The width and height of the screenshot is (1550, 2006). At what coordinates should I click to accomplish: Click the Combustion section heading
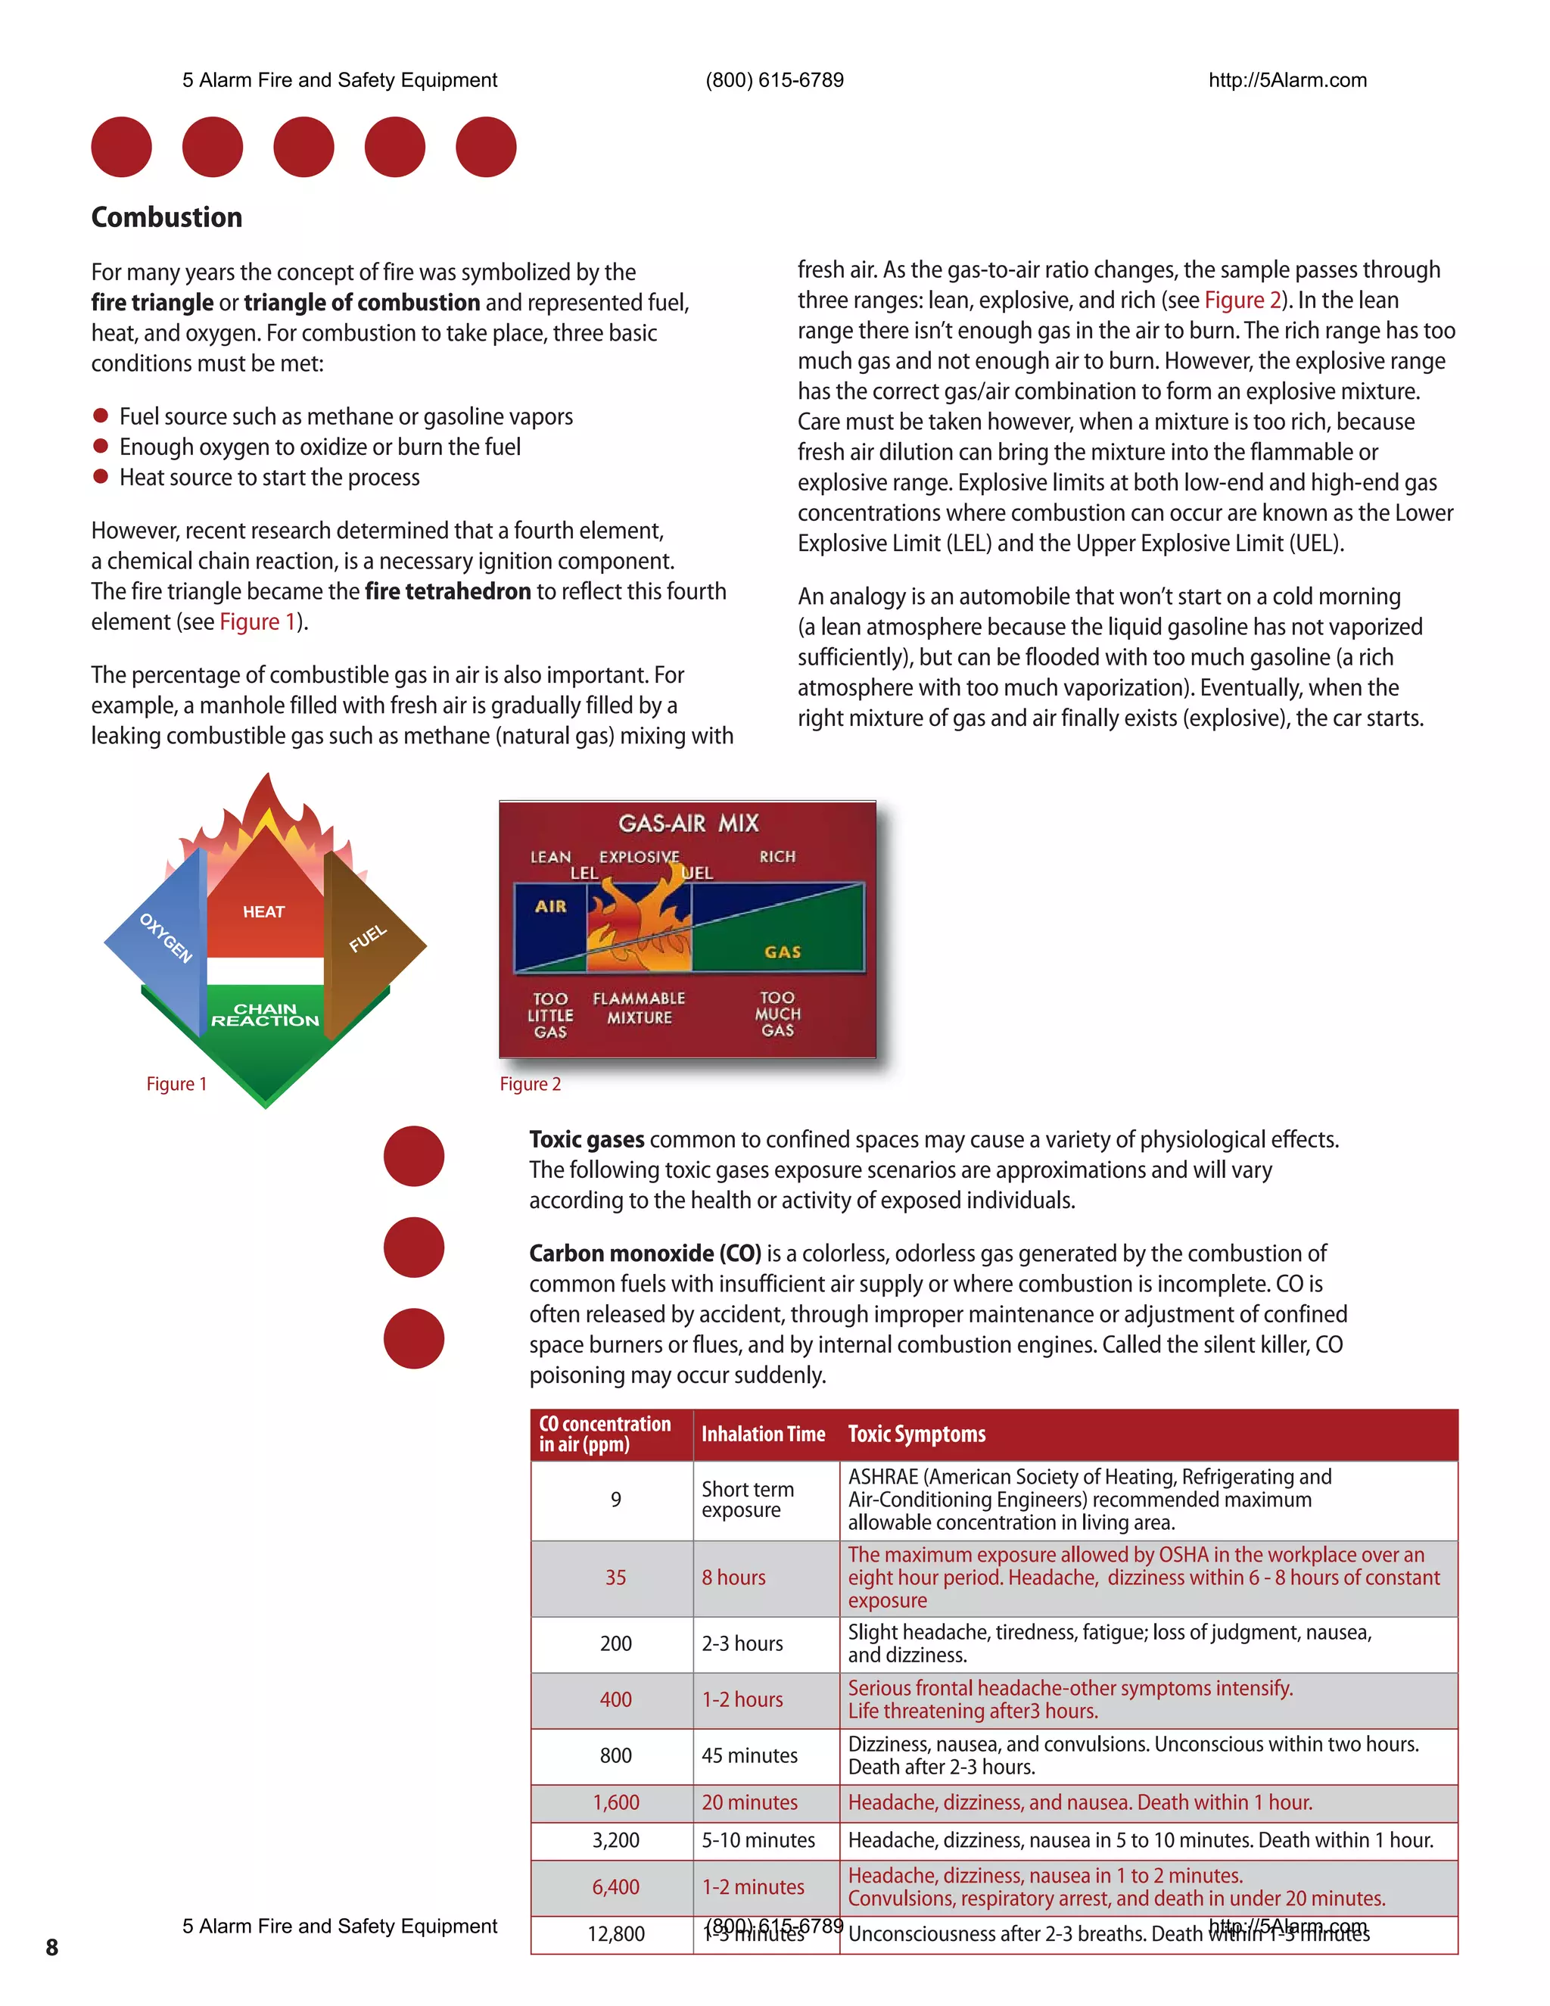pyautogui.click(x=167, y=218)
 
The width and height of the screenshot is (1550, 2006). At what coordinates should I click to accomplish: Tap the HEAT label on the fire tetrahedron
pyautogui.click(x=263, y=911)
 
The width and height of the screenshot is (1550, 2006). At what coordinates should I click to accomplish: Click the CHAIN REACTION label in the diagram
pyautogui.click(x=266, y=1015)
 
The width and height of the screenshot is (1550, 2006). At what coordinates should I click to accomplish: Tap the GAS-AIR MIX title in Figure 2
pyautogui.click(x=688, y=823)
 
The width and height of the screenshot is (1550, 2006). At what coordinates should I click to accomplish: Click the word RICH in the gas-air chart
pyautogui.click(x=777, y=856)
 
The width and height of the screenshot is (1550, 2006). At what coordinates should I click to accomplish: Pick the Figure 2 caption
pyautogui.click(x=530, y=1084)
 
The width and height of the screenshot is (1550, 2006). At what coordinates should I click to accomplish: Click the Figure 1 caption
pyautogui.click(x=176, y=1084)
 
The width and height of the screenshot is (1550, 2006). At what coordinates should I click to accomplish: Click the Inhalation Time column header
pyautogui.click(x=763, y=1434)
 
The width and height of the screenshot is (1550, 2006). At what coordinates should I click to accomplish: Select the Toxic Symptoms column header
pyautogui.click(x=917, y=1434)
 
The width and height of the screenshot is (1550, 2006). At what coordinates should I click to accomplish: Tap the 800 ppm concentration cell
pyautogui.click(x=615, y=1755)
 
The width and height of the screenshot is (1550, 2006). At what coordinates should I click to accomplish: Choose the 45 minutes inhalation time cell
pyautogui.click(x=749, y=1755)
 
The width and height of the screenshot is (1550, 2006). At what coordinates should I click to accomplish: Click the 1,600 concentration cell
pyautogui.click(x=615, y=1802)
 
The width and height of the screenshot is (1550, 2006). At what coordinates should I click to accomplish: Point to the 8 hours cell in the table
pyautogui.click(x=733, y=1577)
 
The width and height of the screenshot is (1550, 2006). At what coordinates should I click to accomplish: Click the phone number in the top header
pyautogui.click(x=774, y=80)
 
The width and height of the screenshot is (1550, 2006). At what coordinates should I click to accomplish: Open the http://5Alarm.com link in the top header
pyautogui.click(x=1287, y=80)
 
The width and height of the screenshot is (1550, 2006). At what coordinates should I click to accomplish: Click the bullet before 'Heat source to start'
pyautogui.click(x=101, y=477)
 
